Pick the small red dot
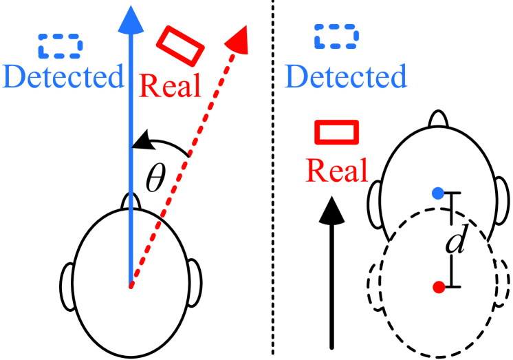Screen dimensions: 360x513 (x=438, y=287)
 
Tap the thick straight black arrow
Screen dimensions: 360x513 (x=332, y=275)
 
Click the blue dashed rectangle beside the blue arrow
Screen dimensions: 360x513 (x=60, y=45)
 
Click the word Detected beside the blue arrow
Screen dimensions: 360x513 (x=63, y=77)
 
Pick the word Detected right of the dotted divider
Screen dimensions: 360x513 (x=346, y=77)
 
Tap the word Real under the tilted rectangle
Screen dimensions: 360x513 (x=171, y=86)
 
